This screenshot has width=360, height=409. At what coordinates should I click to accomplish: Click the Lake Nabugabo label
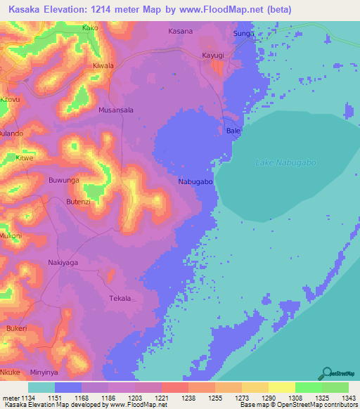tap(282, 163)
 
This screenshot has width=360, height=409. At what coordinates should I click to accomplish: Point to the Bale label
tap(233, 131)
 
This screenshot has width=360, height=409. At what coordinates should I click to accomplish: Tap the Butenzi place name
tap(79, 202)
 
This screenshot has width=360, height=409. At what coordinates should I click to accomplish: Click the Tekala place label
tap(120, 299)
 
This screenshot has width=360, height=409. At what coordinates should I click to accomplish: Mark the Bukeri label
tap(17, 328)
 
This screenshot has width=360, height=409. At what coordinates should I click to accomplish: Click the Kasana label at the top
tap(181, 31)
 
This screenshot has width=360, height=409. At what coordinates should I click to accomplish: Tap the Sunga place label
tap(242, 33)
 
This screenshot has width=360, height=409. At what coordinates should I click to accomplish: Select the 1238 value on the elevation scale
tap(188, 398)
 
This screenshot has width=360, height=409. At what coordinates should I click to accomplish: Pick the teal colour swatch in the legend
tap(41, 387)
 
